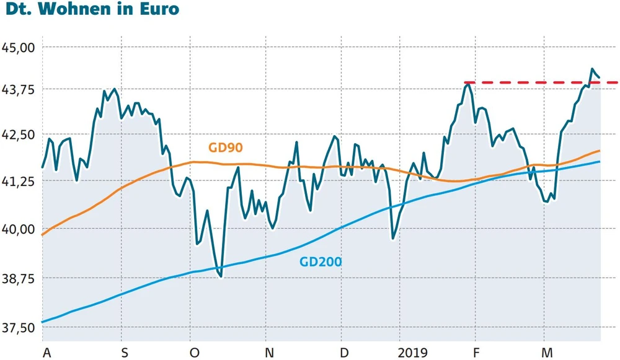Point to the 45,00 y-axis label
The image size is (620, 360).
[20, 48]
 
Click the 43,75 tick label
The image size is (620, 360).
[20, 90]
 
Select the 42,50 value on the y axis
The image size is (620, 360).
[20, 136]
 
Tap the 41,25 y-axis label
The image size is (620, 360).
[20, 182]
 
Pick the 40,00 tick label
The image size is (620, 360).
[20, 230]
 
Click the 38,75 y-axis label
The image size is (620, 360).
[20, 279]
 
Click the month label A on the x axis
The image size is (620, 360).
[46, 353]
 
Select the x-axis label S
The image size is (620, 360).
[125, 353]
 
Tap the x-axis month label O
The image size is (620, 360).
[195, 353]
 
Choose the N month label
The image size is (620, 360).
[270, 353]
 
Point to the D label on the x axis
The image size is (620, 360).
[344, 353]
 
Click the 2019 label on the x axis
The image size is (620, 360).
[413, 353]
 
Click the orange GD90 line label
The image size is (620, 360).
[225, 147]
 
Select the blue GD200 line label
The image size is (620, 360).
[321, 262]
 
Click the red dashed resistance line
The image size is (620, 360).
[539, 82]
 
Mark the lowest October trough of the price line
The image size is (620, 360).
[221, 276]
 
